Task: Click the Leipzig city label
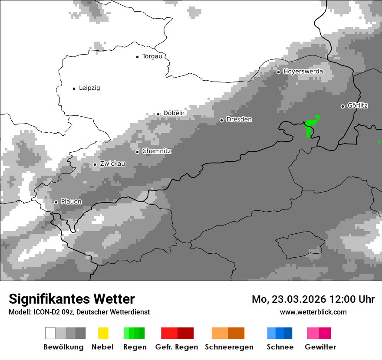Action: (89, 88)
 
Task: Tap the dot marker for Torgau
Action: (138, 57)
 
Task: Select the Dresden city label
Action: (239, 119)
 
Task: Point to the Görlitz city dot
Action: (342, 106)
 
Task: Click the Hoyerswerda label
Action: (303, 71)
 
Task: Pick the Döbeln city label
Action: (174, 113)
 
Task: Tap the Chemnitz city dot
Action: (138, 152)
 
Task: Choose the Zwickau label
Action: (112, 164)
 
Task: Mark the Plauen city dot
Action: (56, 202)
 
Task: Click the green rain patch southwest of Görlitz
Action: (310, 128)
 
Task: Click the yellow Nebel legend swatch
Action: (103, 333)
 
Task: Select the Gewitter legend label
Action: (320, 347)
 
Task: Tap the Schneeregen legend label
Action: (229, 347)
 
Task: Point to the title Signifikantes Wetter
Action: (72, 299)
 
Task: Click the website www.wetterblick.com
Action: (313, 312)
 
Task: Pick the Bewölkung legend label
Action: (63, 347)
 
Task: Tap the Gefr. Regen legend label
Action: (177, 347)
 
